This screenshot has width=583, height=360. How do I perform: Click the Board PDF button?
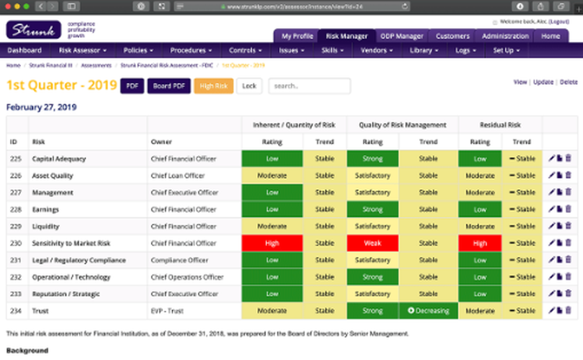pyautogui.click(x=168, y=86)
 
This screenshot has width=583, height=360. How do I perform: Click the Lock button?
pyautogui.click(x=249, y=86)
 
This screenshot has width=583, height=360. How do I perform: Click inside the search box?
pyautogui.click(x=310, y=86)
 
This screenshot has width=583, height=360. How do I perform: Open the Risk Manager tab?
pyautogui.click(x=346, y=36)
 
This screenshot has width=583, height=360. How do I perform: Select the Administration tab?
pyautogui.click(x=505, y=36)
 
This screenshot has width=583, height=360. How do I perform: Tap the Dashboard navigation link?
pyautogui.click(x=24, y=51)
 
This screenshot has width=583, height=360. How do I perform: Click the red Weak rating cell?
pyautogui.click(x=373, y=243)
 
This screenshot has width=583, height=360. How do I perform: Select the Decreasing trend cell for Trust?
pyautogui.click(x=429, y=311)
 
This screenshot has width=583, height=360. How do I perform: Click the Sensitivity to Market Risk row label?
pyautogui.click(x=71, y=243)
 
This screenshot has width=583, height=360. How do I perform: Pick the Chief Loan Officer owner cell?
pyautogui.click(x=178, y=176)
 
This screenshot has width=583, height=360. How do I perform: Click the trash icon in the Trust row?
pyautogui.click(x=568, y=311)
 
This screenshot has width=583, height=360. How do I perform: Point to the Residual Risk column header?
pyautogui.click(x=500, y=125)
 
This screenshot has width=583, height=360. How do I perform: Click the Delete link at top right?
pyautogui.click(x=568, y=82)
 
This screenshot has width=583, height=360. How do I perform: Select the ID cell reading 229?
pyautogui.click(x=16, y=227)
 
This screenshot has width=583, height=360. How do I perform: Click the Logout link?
pyautogui.click(x=559, y=22)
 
